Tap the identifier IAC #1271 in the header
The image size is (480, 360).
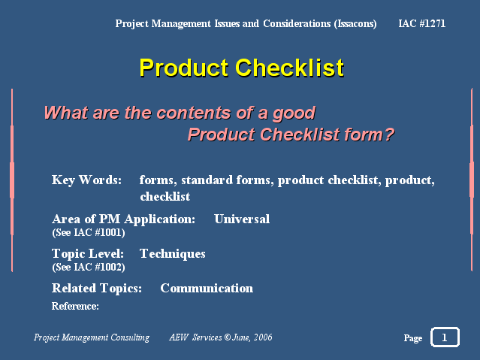point(422,23)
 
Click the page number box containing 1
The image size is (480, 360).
point(445,337)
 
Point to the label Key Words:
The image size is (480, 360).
point(86,180)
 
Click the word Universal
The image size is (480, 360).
point(242,219)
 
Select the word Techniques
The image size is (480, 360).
point(172,254)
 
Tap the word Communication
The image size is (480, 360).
point(207,289)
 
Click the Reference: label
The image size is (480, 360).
point(75,306)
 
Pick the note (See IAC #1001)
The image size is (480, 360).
point(89,232)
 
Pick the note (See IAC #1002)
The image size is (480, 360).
point(89,267)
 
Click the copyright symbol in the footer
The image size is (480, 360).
point(227,337)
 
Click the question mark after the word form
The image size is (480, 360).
point(389,135)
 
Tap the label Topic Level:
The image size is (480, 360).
point(88,254)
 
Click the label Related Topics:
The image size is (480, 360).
point(97,289)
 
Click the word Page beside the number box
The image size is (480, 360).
point(413,338)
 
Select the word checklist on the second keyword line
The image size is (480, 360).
point(165,197)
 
